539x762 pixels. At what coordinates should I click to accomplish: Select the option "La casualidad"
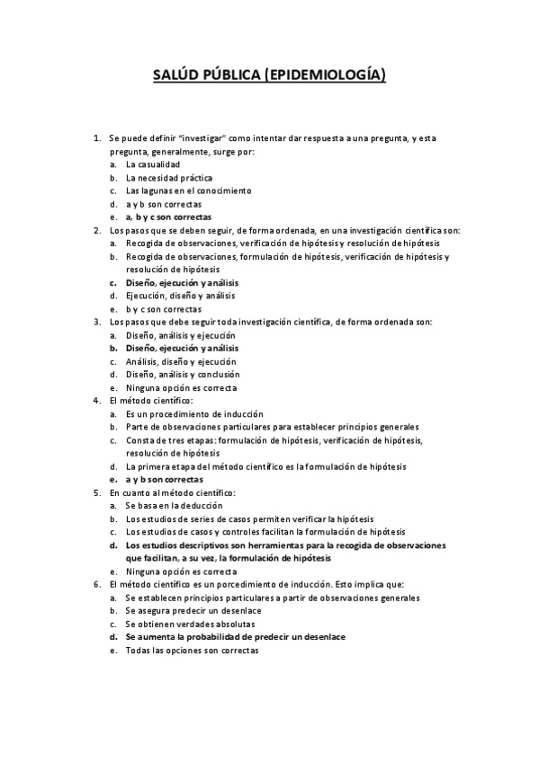click(x=152, y=164)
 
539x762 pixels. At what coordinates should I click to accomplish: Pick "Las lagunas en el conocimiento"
click(x=188, y=190)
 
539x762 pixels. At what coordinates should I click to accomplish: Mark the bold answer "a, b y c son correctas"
click(x=168, y=217)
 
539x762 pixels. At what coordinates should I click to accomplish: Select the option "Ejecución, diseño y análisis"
click(x=180, y=295)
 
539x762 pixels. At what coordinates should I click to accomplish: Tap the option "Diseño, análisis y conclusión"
click(x=183, y=374)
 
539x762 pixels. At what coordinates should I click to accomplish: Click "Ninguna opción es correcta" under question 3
click(x=181, y=387)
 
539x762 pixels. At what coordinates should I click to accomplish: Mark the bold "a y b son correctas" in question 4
click(x=164, y=479)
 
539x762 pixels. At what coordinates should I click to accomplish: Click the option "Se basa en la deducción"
click(x=174, y=506)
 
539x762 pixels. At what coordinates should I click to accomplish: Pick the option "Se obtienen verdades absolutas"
click(x=190, y=623)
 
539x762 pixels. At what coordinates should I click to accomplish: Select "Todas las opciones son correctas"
click(x=192, y=650)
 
